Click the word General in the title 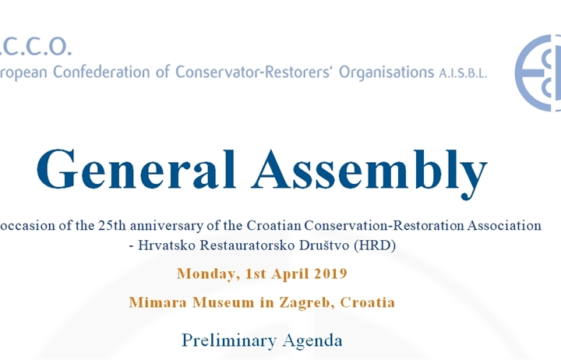pos(136,169)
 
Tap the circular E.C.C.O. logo pos(538,73)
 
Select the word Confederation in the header pos(101,72)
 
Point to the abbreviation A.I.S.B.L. pos(463,73)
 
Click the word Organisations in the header pos(386,73)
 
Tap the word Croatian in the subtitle pos(273,225)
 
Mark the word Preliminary pos(229,341)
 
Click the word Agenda pos(312,342)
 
